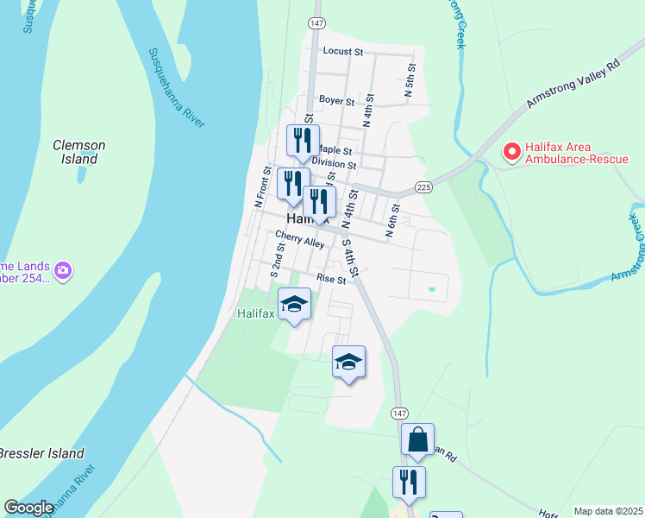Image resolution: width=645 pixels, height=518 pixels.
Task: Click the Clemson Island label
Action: tap(78, 152)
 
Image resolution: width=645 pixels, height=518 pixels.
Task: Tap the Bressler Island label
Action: tap(41, 453)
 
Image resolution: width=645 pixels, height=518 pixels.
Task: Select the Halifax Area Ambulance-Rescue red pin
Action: tap(511, 152)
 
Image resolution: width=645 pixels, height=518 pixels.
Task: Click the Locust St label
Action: tap(342, 52)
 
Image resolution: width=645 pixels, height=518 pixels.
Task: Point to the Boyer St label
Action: tap(336, 101)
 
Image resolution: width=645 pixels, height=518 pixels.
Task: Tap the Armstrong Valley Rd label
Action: tap(576, 88)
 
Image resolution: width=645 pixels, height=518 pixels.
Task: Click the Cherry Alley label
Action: tap(299, 239)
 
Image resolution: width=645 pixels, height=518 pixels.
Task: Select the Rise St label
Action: tap(330, 279)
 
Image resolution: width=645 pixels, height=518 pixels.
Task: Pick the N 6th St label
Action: tap(393, 221)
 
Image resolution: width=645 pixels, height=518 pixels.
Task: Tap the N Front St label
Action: tap(262, 186)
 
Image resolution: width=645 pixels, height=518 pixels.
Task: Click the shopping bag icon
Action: tap(417, 439)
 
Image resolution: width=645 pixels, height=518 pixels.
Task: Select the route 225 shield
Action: tap(423, 186)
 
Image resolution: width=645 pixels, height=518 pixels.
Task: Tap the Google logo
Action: tap(28, 508)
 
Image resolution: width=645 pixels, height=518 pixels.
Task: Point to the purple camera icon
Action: tap(62, 272)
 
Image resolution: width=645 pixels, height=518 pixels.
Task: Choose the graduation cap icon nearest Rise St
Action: tap(295, 304)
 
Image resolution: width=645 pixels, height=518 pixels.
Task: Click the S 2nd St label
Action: tap(278, 259)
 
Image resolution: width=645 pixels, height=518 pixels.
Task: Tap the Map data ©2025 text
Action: tap(608, 511)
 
